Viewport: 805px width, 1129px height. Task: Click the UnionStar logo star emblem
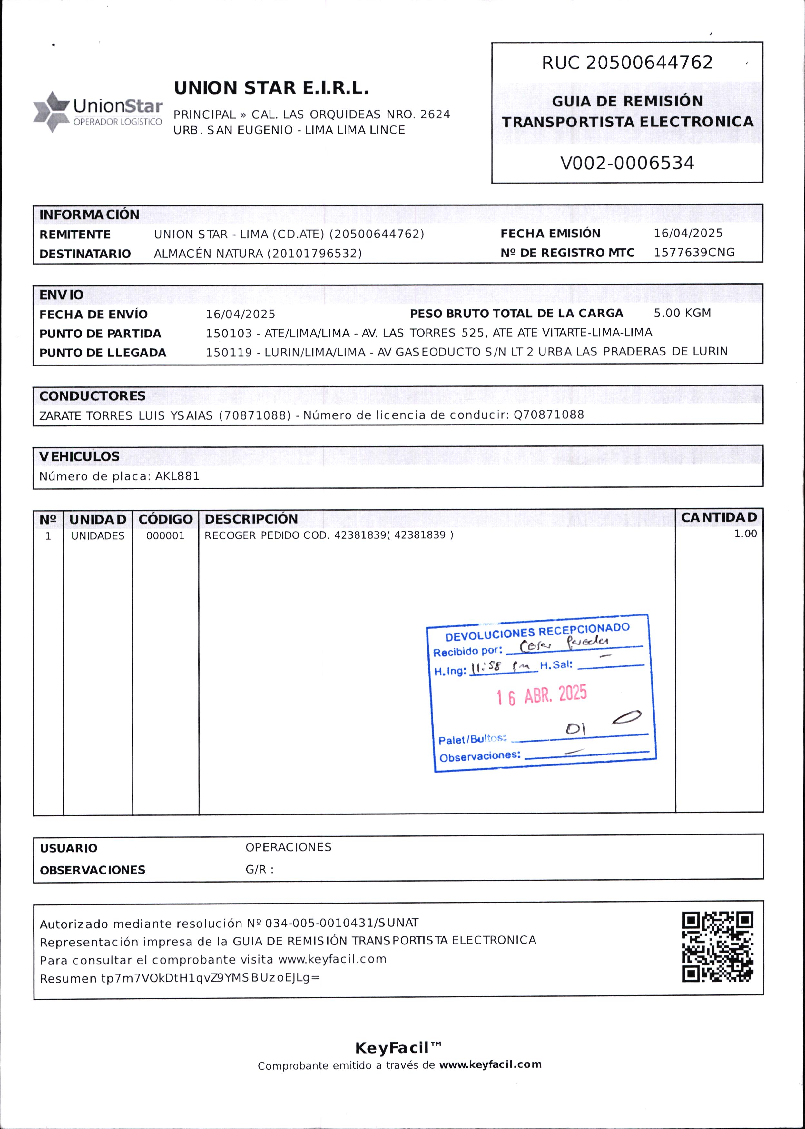pos(51,112)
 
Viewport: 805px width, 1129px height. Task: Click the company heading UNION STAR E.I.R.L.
pos(271,88)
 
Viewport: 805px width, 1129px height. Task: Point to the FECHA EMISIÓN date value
pos(688,233)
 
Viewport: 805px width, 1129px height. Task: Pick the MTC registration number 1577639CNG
pos(694,252)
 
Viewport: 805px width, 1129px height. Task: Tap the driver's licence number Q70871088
pos(549,415)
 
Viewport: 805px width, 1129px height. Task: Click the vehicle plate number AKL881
pos(177,476)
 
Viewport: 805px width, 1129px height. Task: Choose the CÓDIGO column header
pos(165,519)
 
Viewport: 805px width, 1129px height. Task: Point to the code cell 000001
pos(165,535)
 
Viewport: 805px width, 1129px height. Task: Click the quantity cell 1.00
pos(745,534)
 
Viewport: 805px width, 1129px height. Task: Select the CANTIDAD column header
pos(719,517)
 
